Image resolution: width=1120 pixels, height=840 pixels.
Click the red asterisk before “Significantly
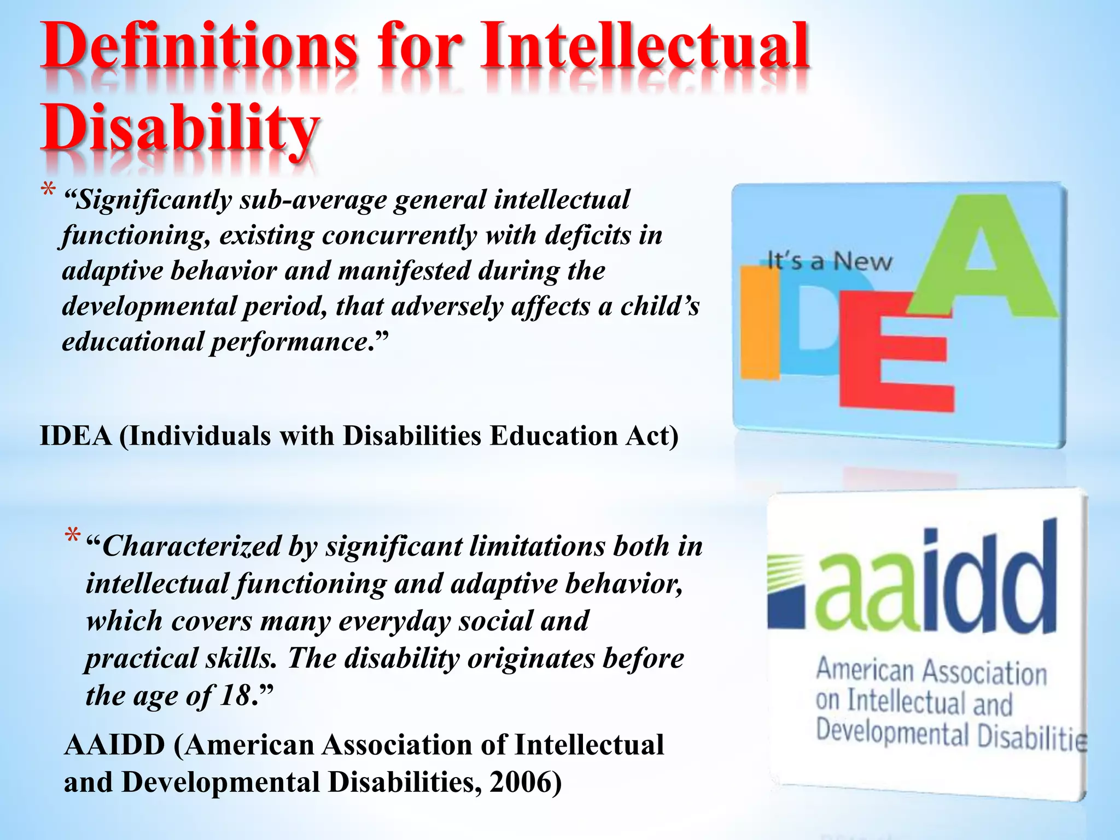(48, 191)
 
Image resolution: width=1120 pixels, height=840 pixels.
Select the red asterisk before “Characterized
(73, 536)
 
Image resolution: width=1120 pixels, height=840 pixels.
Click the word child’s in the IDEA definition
(660, 306)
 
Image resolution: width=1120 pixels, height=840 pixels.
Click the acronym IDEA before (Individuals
(76, 436)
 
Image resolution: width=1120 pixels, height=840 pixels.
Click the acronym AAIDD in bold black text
(114, 745)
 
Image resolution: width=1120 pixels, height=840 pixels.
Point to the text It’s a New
(829, 261)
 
